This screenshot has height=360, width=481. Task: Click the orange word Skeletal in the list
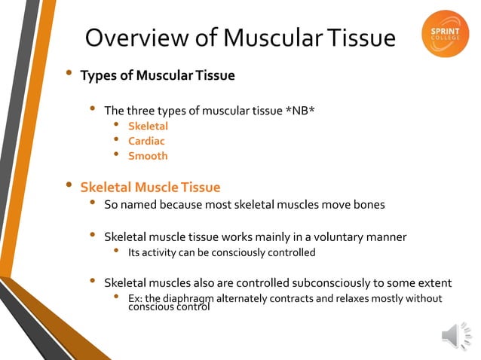[x=148, y=126]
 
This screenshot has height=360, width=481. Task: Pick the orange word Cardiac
[x=146, y=141]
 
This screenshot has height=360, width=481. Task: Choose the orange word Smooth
[x=148, y=156]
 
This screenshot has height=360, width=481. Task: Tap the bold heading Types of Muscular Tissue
[x=158, y=75]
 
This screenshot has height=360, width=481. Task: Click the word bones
[x=369, y=204]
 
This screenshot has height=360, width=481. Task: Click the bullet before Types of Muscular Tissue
[x=69, y=74]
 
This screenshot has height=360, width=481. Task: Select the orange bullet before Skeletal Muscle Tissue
[x=69, y=185]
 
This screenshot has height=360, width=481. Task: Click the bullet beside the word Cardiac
[x=116, y=140]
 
